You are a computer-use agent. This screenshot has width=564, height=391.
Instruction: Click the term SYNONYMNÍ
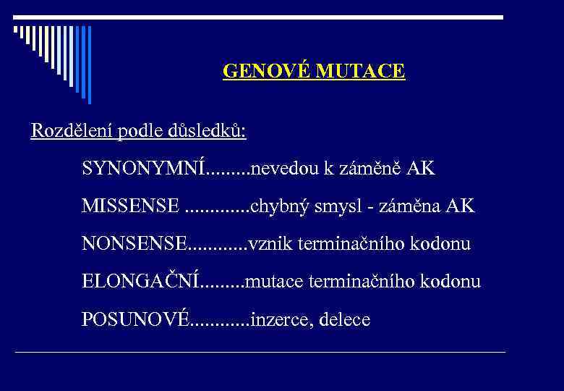pyautogui.click(x=144, y=169)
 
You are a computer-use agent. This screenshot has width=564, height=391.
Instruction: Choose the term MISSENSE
pyautogui.click(x=131, y=206)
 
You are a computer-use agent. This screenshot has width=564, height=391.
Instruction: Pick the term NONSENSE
pyautogui.click(x=134, y=244)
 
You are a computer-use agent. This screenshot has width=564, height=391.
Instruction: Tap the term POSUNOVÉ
pyautogui.click(x=135, y=319)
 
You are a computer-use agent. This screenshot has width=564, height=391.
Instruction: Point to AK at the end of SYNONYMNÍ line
pyautogui.click(x=421, y=169)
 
